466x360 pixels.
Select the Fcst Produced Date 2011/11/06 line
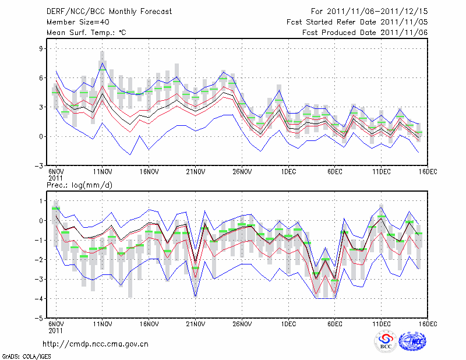(x=365, y=32)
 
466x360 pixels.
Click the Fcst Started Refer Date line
(x=357, y=22)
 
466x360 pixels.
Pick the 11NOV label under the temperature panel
(x=103, y=172)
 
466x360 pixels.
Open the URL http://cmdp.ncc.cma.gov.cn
(x=96, y=344)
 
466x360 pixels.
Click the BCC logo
(x=386, y=342)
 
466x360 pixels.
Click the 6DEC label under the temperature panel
(x=334, y=172)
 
